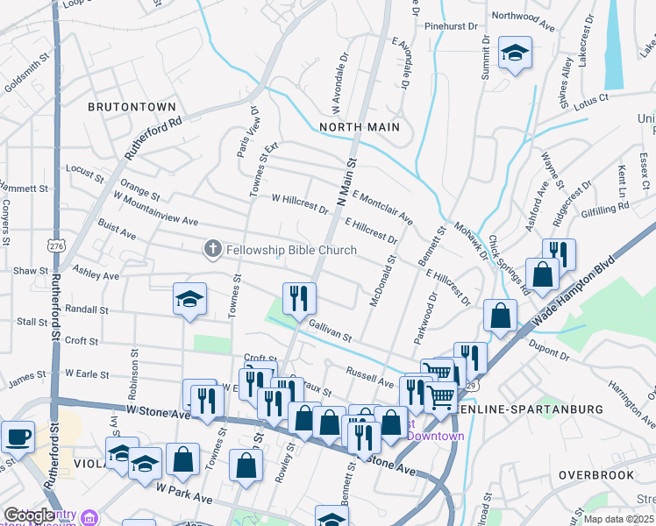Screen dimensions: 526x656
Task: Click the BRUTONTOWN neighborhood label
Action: tap(132, 106)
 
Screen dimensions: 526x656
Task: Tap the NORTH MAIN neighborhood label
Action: tap(359, 127)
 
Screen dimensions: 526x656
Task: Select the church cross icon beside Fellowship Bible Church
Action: tap(211, 250)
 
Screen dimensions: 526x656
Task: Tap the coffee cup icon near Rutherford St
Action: tap(18, 436)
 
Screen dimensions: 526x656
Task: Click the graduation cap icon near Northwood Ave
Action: tap(516, 53)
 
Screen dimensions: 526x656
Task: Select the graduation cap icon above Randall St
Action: tap(189, 299)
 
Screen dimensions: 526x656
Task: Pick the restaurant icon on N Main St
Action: tap(299, 298)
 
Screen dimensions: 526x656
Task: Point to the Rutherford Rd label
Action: tap(153, 139)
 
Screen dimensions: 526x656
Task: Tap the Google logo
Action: tap(29, 515)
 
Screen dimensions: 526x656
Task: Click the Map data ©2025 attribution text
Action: tap(619, 519)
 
